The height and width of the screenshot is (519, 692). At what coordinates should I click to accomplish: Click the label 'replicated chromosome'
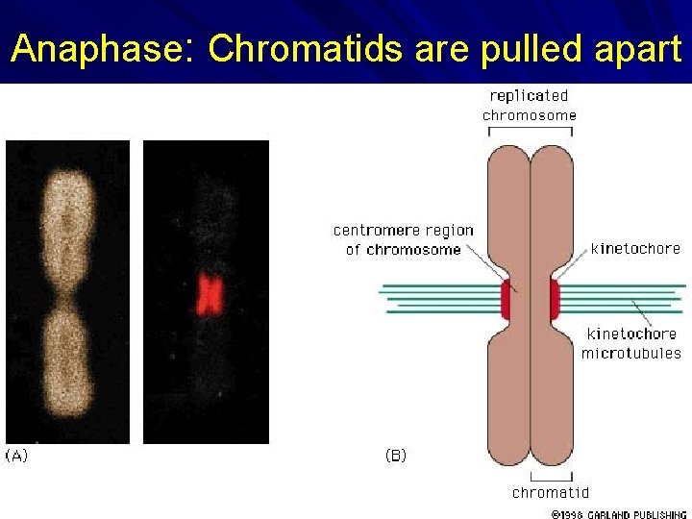530,106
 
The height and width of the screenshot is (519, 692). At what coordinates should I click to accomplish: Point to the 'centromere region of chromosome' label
404,240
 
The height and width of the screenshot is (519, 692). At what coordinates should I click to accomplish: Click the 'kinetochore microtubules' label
630,343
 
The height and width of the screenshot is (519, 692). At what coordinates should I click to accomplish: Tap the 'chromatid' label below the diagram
551,493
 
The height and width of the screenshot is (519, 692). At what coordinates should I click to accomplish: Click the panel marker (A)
17,456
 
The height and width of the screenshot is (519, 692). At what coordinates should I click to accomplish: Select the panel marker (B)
395,456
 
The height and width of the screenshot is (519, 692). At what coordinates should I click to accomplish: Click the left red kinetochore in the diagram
506,301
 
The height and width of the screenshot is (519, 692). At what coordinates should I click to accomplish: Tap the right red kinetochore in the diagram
555,301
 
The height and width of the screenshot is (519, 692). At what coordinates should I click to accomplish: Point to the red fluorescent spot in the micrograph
208,293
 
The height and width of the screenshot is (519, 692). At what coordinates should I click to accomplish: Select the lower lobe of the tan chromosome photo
65,360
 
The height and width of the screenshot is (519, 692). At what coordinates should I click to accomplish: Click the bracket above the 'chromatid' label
551,476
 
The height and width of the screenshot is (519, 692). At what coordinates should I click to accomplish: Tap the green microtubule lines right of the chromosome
625,298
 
